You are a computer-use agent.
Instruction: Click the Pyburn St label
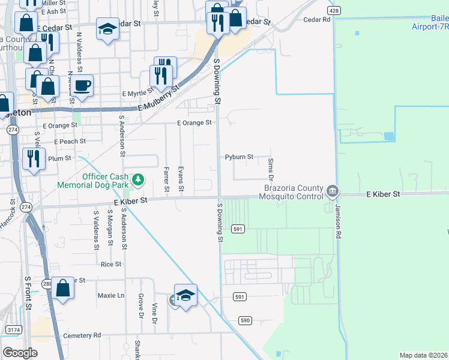pyautogui.click(x=240, y=157)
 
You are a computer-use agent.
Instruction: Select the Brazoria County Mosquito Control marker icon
pyautogui.click(x=333, y=192)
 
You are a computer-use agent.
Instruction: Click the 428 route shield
pyautogui.click(x=334, y=11)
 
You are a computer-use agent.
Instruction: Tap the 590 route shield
pyautogui.click(x=244, y=322)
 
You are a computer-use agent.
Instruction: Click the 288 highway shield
pyautogui.click(x=47, y=283)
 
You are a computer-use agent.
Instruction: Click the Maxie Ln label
pyautogui.click(x=111, y=295)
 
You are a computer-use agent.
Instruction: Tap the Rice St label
pyautogui.click(x=111, y=264)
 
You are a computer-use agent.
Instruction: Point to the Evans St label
pyautogui.click(x=181, y=180)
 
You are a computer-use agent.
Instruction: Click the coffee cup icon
pyautogui.click(x=82, y=85)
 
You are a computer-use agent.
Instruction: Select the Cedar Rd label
pyautogui.click(x=318, y=20)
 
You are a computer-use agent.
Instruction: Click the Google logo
pyautogui.click(x=20, y=353)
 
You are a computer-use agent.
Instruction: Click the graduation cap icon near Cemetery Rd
pyautogui.click(x=186, y=295)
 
